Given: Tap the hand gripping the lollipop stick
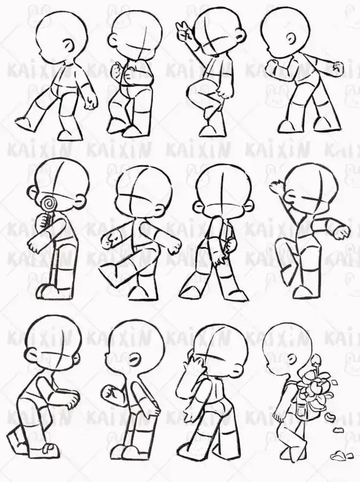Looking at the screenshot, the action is (44, 220).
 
